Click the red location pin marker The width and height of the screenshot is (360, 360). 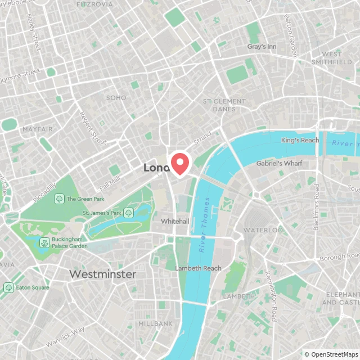coord(180,163)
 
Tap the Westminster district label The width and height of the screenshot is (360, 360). coord(102,274)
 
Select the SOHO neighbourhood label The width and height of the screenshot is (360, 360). coord(116,98)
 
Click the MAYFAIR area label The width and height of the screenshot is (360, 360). coord(38,129)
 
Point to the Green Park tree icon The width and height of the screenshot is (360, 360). coord(59,199)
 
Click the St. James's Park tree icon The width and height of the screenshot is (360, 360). coord(128,213)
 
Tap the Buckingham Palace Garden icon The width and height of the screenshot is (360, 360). coord(43,242)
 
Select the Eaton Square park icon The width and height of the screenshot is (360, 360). coord(8,287)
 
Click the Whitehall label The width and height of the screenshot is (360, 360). coord(175,222)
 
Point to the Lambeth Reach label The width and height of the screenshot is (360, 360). coord(198,268)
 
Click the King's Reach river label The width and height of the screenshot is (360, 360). coord(300,140)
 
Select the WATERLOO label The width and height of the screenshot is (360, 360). coord(263,231)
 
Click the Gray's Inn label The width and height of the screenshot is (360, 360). coord(262,47)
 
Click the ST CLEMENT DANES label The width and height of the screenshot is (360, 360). coord(224,105)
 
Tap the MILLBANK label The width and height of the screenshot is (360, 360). coord(156,324)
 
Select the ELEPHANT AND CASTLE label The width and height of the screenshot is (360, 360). coord(341,298)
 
